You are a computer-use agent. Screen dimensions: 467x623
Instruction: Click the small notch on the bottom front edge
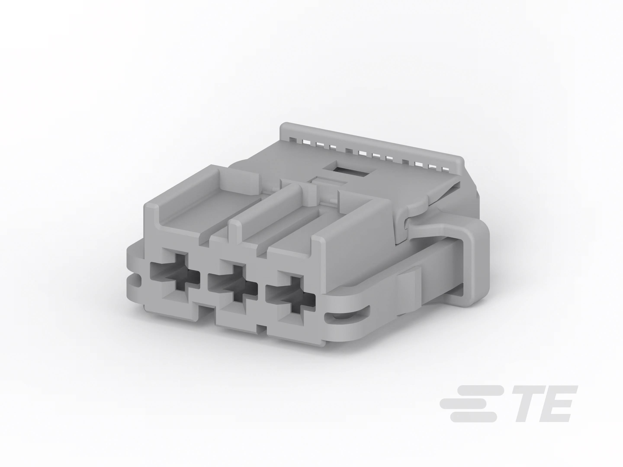(x=262, y=328)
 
